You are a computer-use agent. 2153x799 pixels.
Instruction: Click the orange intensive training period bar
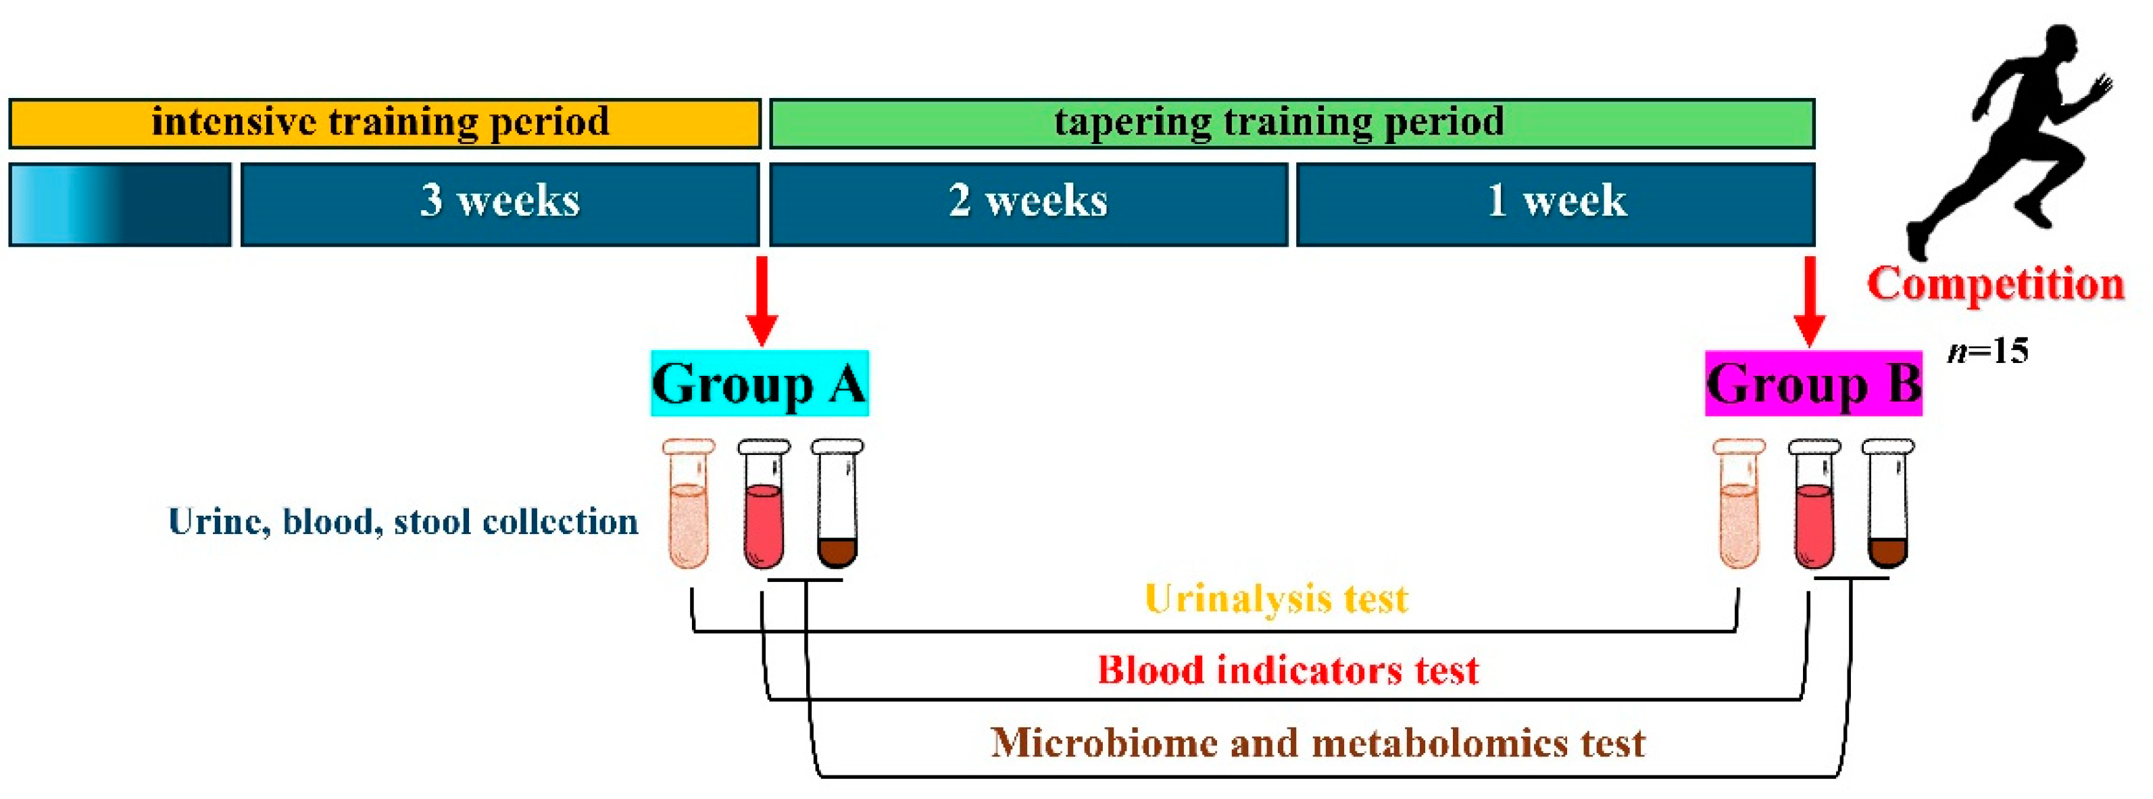coord(385,124)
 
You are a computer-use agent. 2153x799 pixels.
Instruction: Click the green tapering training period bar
coord(1291,124)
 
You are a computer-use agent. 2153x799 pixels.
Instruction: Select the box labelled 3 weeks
coord(500,204)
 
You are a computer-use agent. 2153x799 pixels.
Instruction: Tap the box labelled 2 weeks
coord(1028,204)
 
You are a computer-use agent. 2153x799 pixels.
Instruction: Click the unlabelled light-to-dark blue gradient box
coord(120,204)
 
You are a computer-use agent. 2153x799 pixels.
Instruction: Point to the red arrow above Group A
coord(762,301)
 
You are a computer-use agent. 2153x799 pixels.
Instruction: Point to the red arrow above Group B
coord(1810,301)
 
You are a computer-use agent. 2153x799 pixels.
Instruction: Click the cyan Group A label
coord(760,384)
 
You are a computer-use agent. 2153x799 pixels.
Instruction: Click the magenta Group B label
coord(1813,384)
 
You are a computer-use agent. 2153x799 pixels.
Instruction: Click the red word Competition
coord(1995,283)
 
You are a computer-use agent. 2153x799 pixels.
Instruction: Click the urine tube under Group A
coord(689,506)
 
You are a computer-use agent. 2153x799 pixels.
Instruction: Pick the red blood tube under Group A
coord(763,506)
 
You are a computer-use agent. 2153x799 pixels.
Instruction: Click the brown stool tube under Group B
coord(1887,506)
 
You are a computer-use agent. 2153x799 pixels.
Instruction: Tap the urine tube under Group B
coord(1739,506)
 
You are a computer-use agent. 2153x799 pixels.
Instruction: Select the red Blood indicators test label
coord(1287,671)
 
